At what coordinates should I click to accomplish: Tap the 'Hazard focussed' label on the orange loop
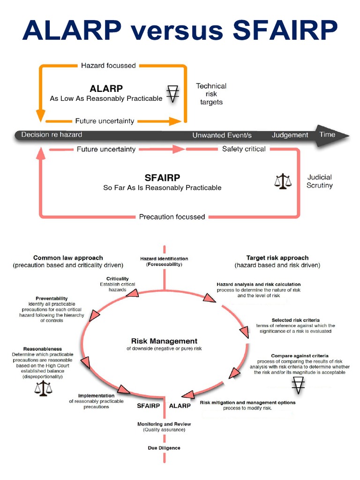108,66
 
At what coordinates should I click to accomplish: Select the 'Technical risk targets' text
211,94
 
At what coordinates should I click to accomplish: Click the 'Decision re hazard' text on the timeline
52,135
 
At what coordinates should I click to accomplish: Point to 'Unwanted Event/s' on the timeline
222,135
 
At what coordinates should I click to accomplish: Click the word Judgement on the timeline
290,135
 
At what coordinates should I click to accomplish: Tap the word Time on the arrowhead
327,135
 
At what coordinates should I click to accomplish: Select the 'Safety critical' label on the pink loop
244,149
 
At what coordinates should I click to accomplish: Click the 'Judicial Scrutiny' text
320,181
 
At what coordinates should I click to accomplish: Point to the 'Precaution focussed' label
172,217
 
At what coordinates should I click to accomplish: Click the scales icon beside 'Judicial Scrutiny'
282,181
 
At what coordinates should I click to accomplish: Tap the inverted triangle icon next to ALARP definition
173,94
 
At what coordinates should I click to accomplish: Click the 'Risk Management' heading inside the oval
164,341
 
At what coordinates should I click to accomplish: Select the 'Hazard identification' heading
164,258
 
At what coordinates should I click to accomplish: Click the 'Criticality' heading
118,278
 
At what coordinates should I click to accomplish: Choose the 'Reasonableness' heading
43,349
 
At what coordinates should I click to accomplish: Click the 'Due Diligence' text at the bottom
164,448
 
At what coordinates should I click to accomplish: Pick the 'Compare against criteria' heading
299,356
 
